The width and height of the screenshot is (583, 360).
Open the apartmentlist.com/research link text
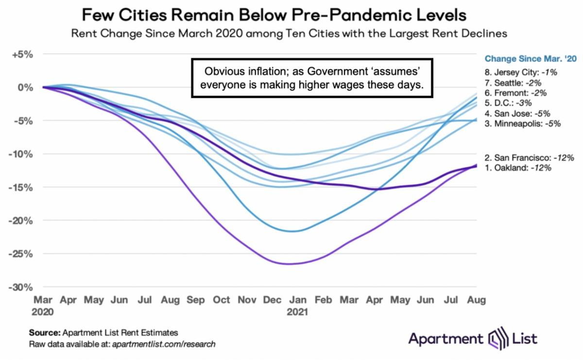pyautogui.click(x=164, y=343)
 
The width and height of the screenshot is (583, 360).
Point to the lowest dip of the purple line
pyautogui.click(x=291, y=264)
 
